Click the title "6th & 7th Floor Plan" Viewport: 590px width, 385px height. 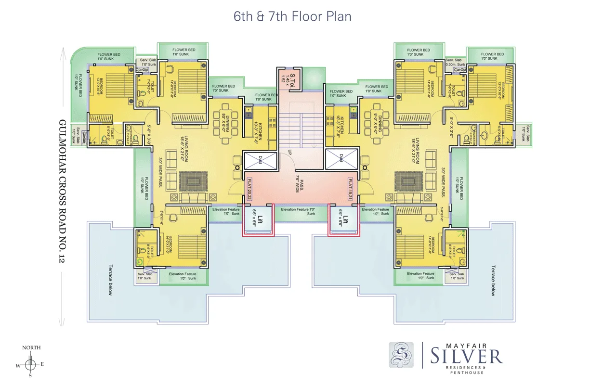click(292, 16)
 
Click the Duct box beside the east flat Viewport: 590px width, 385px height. click(341, 159)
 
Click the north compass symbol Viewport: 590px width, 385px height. click(30, 364)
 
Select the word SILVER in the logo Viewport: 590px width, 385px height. click(466, 357)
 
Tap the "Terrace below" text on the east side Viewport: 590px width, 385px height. click(493, 280)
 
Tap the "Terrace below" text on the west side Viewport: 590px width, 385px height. click(110, 280)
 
